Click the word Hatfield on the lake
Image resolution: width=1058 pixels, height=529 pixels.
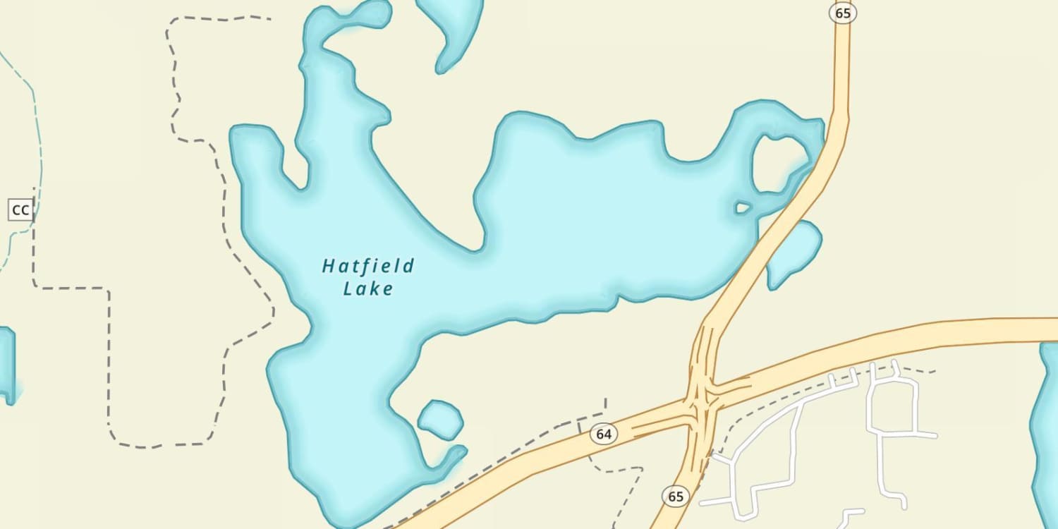point(368,266)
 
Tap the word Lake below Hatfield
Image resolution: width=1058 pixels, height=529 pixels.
point(367,288)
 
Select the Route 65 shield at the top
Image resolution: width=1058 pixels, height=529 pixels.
point(842,13)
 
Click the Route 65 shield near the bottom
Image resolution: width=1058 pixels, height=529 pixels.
point(676,497)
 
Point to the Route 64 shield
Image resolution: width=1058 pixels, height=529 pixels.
point(604,434)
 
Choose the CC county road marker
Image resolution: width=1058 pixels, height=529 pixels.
point(20,209)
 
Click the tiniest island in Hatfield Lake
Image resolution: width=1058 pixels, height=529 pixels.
point(743,207)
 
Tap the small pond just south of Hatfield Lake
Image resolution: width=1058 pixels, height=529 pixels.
point(440,419)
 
